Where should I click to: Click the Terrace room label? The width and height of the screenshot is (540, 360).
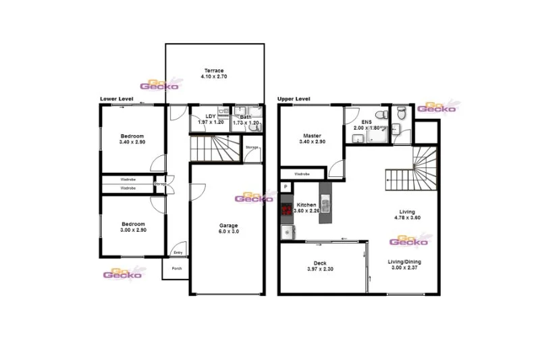coord(215,70)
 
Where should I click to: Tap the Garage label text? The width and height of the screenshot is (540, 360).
coord(227,226)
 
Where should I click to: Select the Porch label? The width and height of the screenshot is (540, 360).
coord(177,268)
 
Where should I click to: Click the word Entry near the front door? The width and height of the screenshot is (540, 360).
coord(178,253)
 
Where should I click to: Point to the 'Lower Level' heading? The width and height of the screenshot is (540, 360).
coord(116,99)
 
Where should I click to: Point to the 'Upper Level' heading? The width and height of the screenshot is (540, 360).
coord(294,99)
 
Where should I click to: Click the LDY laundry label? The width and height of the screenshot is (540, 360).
coord(211,116)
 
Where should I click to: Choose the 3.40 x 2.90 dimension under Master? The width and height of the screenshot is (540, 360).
coord(312,142)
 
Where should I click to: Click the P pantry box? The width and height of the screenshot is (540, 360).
coord(286,186)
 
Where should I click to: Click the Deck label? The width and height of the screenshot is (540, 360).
coord(321,263)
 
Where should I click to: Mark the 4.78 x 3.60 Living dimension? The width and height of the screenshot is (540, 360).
coord(407,217)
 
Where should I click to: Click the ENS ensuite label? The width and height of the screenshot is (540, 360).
coord(367,121)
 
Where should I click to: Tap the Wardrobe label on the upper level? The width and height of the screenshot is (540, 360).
coord(302,174)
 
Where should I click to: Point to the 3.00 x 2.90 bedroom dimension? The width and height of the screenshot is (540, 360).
coord(132,230)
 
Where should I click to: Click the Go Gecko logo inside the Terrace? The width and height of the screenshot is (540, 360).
coord(159,84)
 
